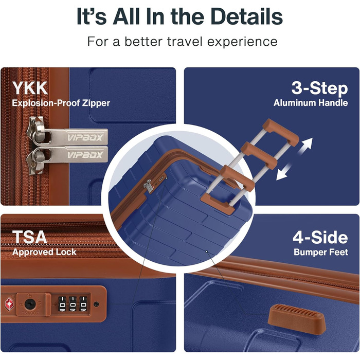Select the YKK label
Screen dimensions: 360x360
coord(30,88)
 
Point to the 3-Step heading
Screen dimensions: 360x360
coord(319,88)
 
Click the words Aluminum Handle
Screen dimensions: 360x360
coord(311,103)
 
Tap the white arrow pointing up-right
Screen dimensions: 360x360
coord(305,146)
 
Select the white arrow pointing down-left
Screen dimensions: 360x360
coord(284,172)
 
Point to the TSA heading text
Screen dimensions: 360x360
coord(29,237)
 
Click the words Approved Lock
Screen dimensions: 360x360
coord(44,252)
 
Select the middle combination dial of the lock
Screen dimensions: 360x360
coord(73,304)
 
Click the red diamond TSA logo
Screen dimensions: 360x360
coord(9,304)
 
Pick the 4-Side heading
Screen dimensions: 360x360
coord(320,238)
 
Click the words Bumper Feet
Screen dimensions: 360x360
coord(321,252)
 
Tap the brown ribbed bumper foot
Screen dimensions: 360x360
coord(297,317)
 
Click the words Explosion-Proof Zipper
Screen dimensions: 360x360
coord(61,103)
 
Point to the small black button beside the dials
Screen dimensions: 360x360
coord(97,304)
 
